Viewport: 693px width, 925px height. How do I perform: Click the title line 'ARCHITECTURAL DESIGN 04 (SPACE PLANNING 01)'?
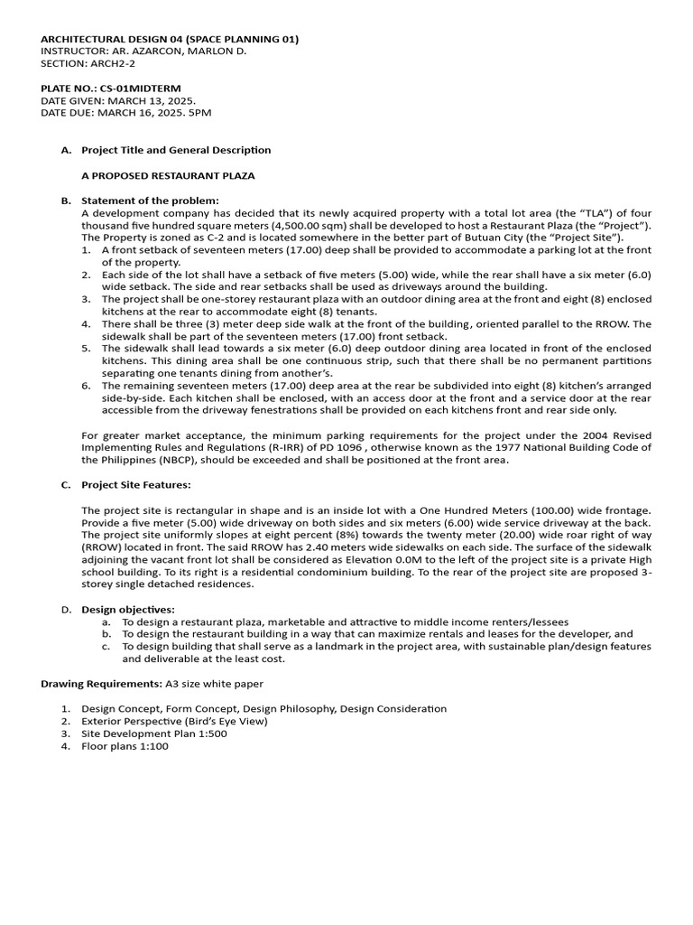pos(170,40)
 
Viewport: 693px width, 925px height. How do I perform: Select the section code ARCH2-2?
pos(106,63)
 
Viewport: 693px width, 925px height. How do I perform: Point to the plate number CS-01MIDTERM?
pos(143,89)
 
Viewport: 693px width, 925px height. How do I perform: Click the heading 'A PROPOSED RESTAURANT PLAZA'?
pos(168,175)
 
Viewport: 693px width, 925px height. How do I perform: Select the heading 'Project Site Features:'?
pos(136,485)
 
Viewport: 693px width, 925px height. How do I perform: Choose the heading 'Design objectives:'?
pos(128,610)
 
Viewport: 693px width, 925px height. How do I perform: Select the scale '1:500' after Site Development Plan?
pos(212,733)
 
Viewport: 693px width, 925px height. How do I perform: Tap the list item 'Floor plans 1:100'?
pos(125,746)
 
